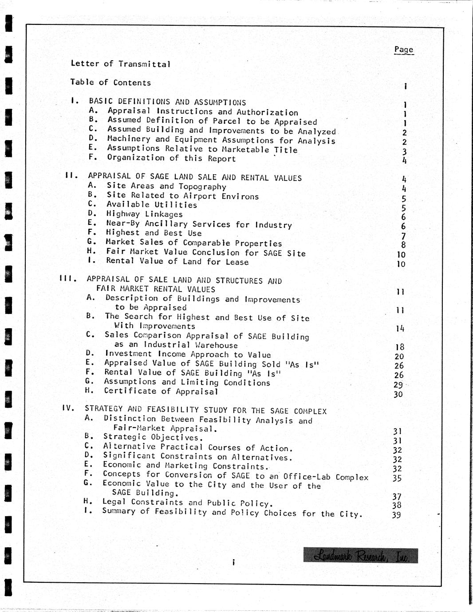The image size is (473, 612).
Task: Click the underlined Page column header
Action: click(x=403, y=50)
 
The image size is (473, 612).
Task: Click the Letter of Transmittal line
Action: click(x=120, y=64)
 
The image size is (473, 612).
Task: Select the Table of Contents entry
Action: click(x=110, y=82)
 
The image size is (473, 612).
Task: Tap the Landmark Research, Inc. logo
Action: click(x=361, y=555)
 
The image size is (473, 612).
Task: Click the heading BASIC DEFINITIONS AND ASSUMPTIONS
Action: click(x=167, y=102)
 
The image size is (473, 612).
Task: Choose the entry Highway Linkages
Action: click(x=144, y=214)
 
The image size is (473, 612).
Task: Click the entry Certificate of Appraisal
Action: click(x=161, y=392)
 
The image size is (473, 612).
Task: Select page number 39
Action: click(x=397, y=515)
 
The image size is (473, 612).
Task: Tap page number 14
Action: click(x=400, y=329)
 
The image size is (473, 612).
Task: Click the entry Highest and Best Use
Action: click(x=154, y=233)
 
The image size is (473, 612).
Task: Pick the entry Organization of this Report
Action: click(x=171, y=158)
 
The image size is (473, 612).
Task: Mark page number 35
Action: click(x=397, y=478)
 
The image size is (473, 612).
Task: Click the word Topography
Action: click(x=202, y=187)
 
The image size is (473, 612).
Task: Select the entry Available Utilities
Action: click(x=152, y=205)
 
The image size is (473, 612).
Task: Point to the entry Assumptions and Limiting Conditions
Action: click(x=187, y=382)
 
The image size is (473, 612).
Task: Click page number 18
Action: click(x=399, y=347)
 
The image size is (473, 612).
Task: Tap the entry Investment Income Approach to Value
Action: click(x=188, y=354)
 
